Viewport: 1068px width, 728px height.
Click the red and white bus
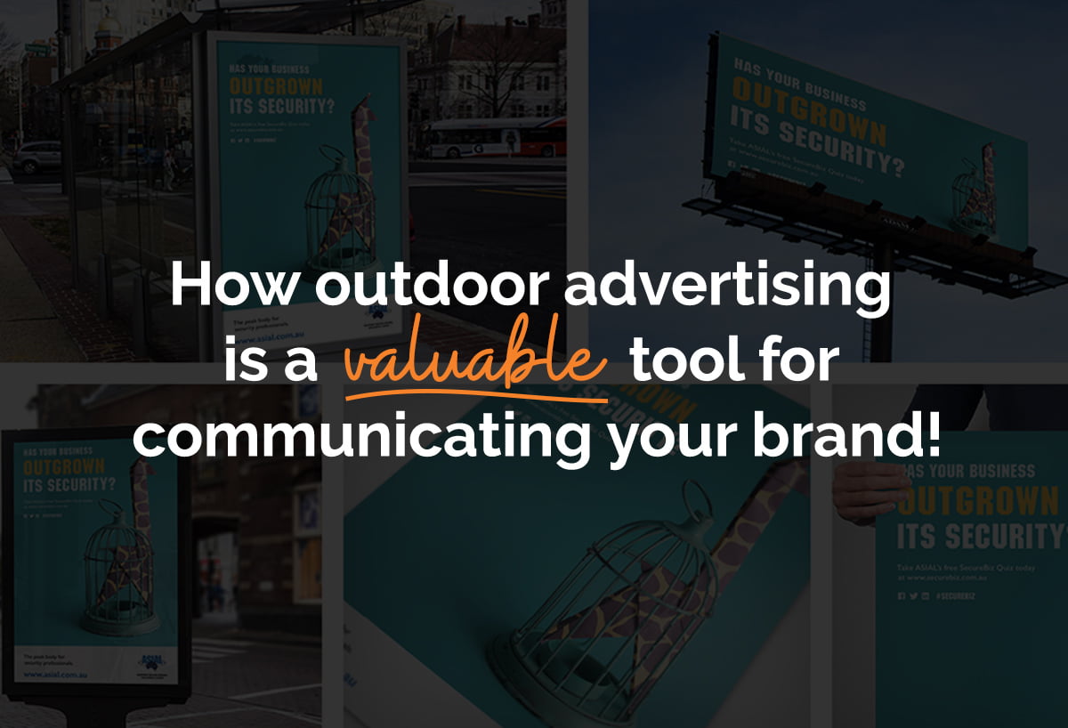tap(495, 138)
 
